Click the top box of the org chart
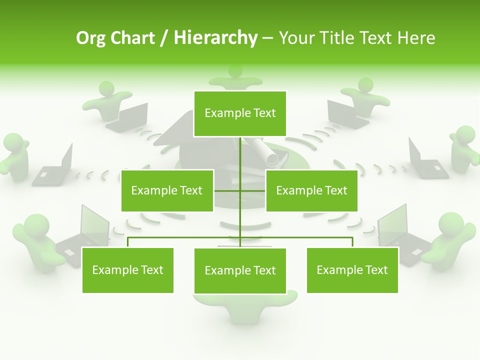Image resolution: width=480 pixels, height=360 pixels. [x=240, y=113]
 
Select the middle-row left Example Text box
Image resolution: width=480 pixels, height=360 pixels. [x=167, y=190]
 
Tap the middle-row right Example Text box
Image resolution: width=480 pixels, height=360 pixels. [x=311, y=190]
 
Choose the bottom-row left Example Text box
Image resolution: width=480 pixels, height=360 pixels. [x=127, y=270]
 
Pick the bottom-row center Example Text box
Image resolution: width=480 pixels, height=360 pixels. [x=240, y=270]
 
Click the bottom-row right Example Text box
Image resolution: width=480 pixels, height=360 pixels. [x=352, y=270]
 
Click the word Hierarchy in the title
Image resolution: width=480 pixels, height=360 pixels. [x=215, y=38]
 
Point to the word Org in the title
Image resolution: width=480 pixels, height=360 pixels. [x=90, y=38]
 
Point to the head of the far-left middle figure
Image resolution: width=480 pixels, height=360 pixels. [x=12, y=142]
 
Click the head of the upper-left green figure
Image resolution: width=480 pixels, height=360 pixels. [x=106, y=89]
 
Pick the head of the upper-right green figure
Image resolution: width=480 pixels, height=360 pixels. [x=365, y=84]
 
